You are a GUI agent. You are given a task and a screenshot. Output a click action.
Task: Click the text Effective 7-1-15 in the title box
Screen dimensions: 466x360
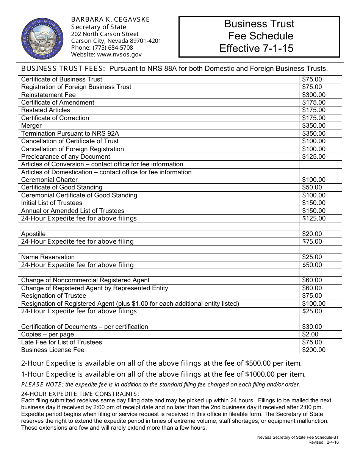point(256,48)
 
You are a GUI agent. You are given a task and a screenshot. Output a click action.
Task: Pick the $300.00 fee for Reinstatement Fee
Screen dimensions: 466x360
point(314,95)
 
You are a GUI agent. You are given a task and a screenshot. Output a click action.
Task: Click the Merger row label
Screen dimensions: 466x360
point(31,125)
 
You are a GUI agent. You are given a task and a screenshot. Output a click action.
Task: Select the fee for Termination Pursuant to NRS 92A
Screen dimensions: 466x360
point(314,133)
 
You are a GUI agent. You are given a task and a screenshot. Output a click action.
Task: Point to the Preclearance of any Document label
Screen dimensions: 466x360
point(66,156)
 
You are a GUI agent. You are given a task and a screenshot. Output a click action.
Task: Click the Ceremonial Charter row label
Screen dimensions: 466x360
point(49,180)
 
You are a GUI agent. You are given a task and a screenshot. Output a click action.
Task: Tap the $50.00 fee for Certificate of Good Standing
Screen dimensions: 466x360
point(312,188)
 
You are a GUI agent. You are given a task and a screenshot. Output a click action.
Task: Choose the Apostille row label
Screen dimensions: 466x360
point(33,234)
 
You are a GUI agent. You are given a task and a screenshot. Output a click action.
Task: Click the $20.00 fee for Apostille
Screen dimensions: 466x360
point(312,234)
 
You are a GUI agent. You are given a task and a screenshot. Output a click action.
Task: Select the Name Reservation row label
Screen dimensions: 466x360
point(48,257)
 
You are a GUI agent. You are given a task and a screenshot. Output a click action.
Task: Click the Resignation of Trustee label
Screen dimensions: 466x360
point(53,296)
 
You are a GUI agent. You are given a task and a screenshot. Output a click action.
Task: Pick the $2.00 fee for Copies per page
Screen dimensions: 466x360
point(310,334)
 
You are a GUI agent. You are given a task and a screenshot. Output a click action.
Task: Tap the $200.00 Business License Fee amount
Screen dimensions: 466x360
point(314,350)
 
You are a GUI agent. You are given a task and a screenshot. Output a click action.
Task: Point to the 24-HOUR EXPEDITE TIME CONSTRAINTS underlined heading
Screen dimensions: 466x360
point(79,394)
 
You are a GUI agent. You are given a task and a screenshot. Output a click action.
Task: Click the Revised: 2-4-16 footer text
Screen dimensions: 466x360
point(324,442)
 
